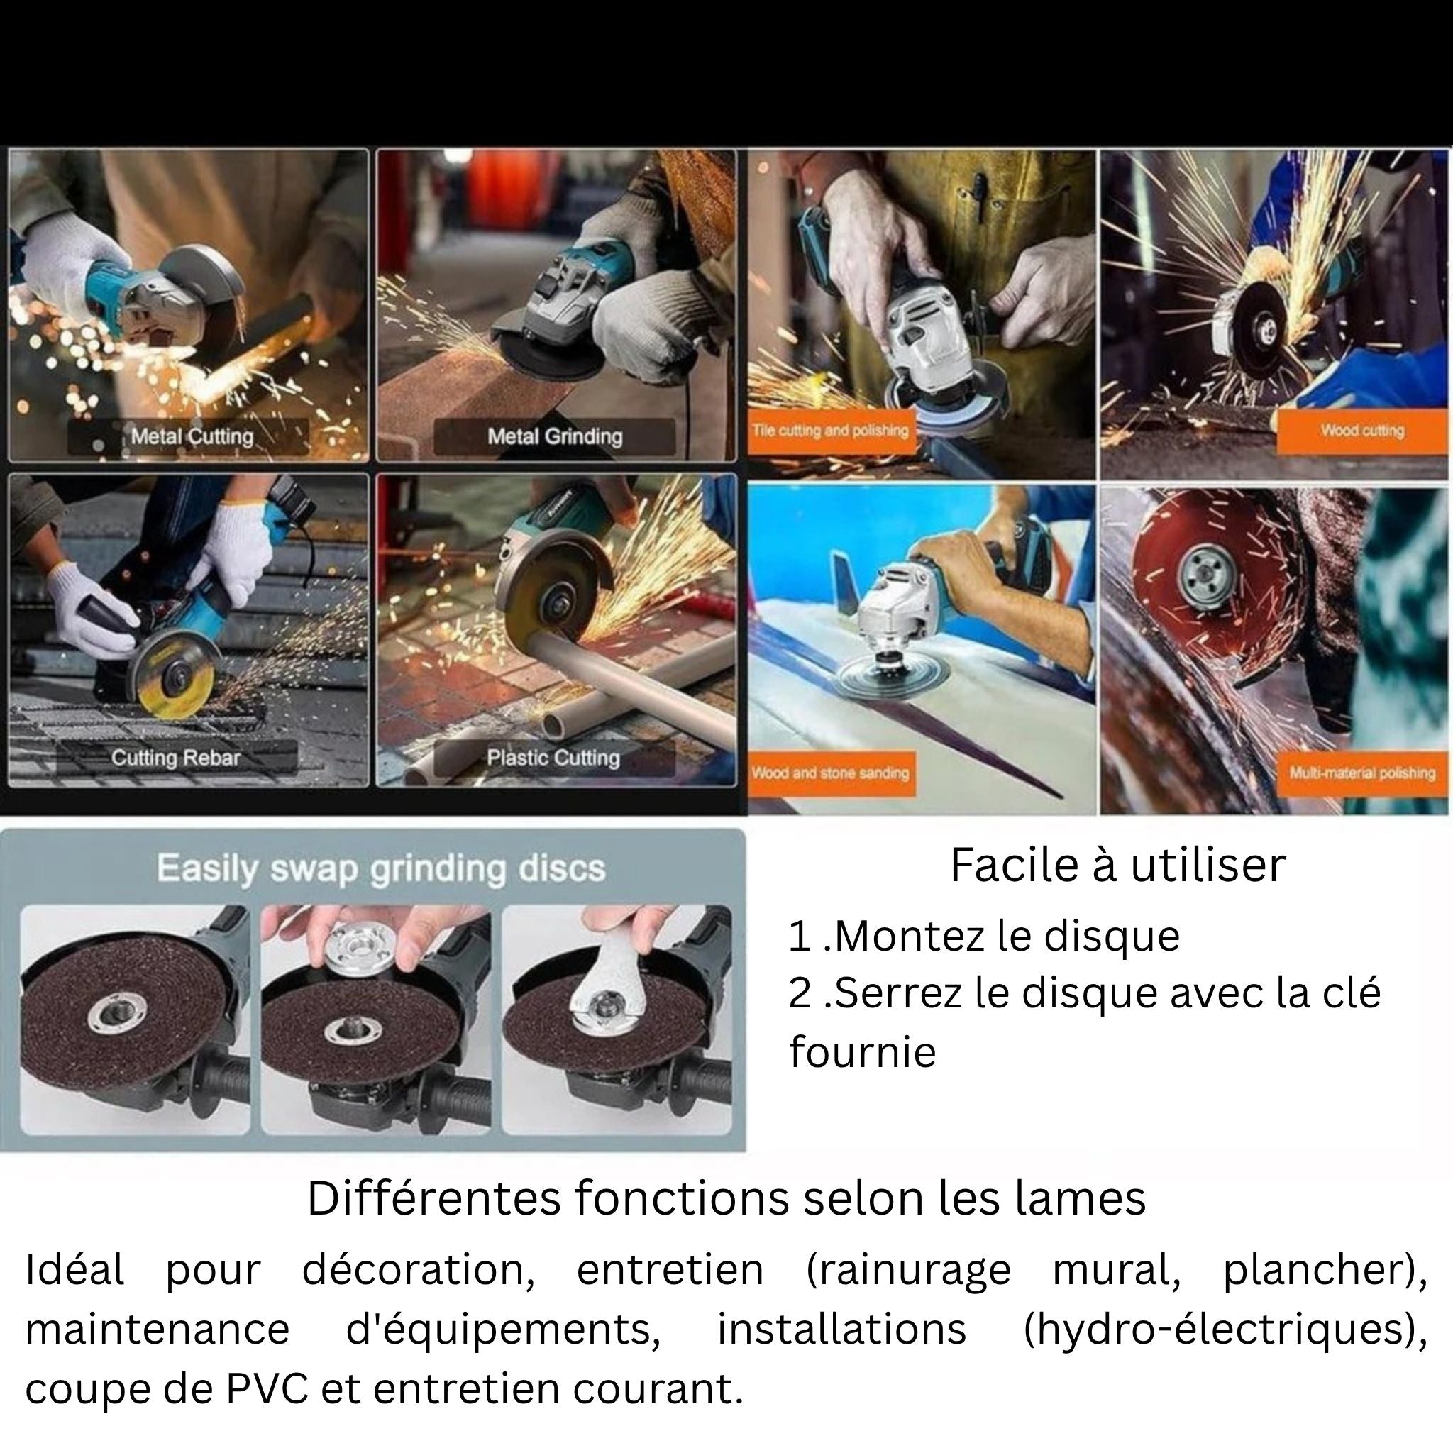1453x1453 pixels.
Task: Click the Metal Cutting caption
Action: (192, 436)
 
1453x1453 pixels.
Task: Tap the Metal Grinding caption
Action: (555, 436)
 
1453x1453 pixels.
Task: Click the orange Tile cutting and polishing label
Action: (831, 431)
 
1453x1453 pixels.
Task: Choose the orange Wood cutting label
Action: (1362, 431)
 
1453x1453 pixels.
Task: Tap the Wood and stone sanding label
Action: (831, 773)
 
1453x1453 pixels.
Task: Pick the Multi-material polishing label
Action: (1362, 773)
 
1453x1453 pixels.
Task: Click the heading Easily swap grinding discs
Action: (380, 869)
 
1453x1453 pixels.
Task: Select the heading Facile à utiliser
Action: (1117, 865)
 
